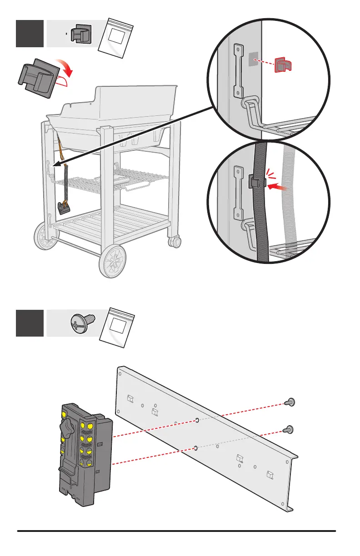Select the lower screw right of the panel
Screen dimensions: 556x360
pyautogui.click(x=287, y=429)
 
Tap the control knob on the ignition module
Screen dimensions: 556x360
pyautogui.click(x=69, y=427)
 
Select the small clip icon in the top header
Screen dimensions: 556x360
pyautogui.click(x=81, y=33)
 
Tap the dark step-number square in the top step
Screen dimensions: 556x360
pyautogui.click(x=30, y=33)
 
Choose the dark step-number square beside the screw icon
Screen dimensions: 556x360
pyautogui.click(x=30, y=323)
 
